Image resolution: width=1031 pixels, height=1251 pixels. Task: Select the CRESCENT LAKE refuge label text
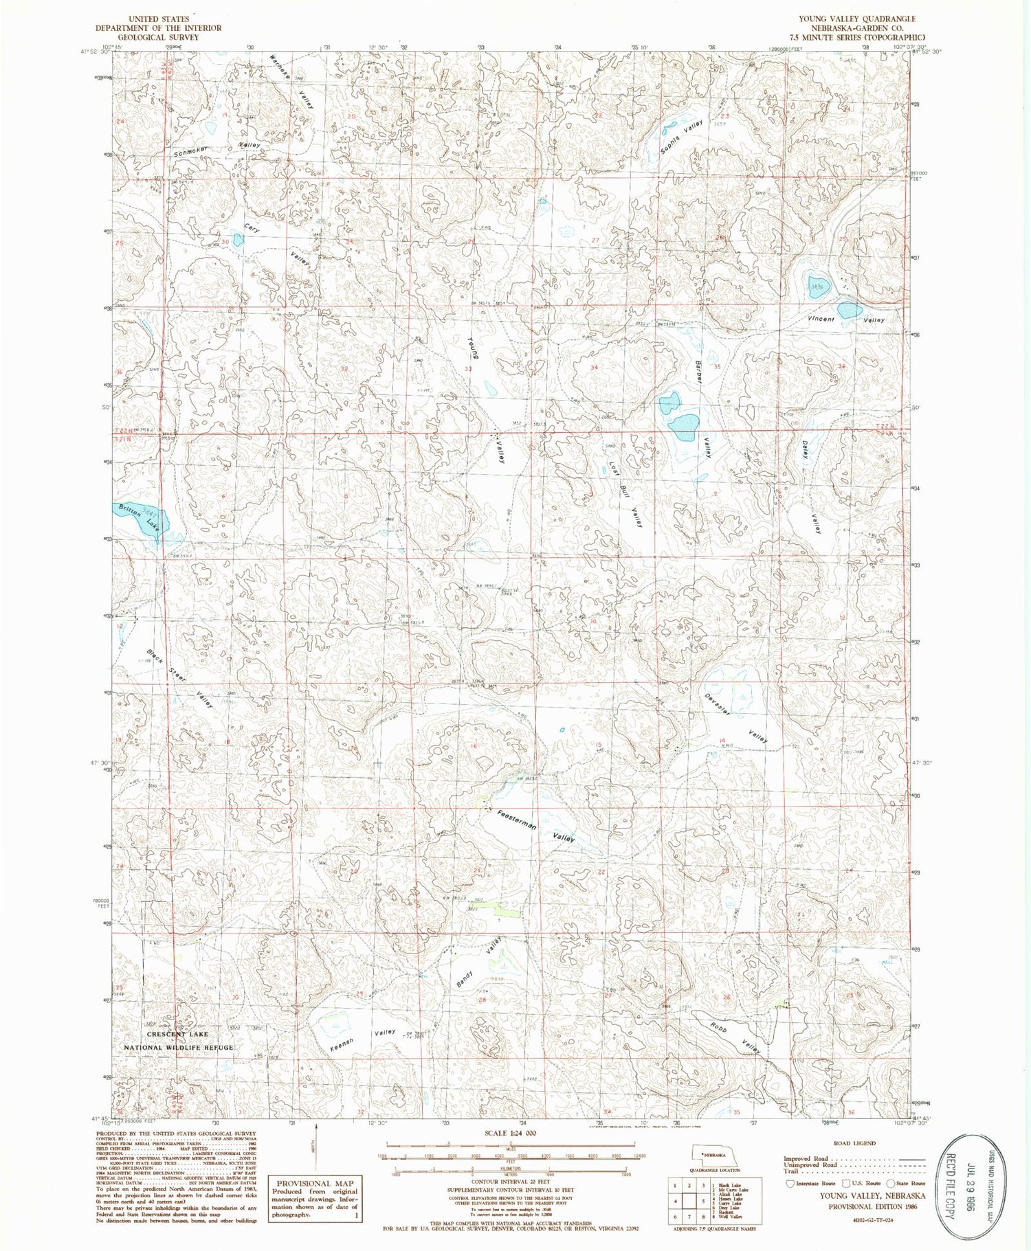click(177, 1034)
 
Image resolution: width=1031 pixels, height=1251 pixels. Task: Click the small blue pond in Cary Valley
click(238, 240)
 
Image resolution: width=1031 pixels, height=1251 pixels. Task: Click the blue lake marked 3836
click(818, 286)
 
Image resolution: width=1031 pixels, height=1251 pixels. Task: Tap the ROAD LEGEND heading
click(854, 1143)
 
